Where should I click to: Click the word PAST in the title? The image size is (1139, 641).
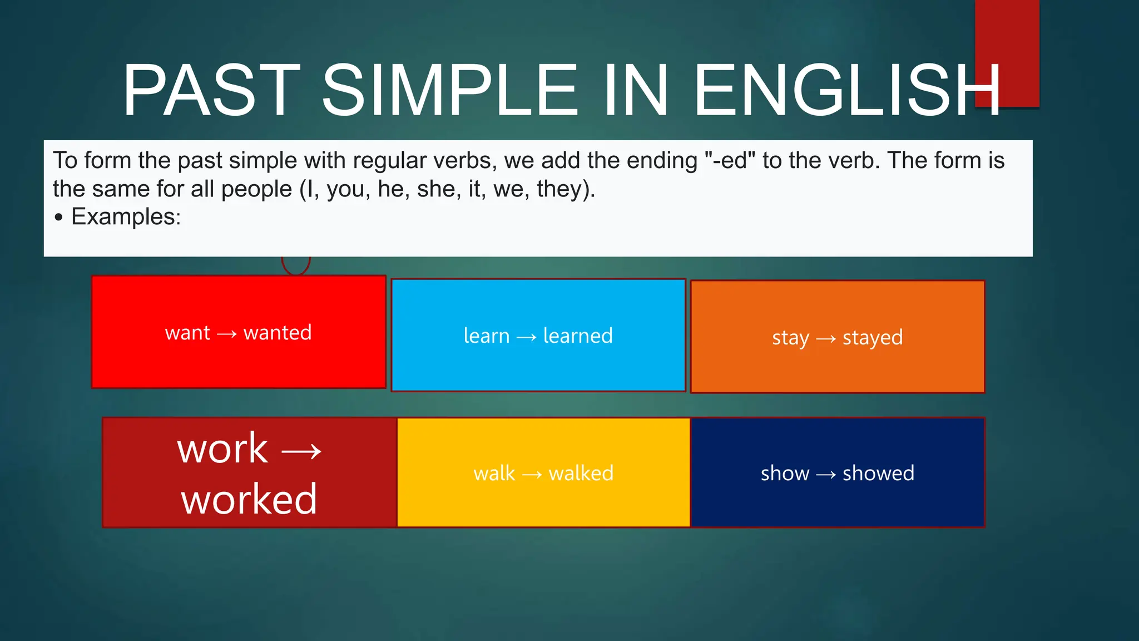[x=211, y=90]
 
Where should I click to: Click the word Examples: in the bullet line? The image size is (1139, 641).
[x=126, y=216]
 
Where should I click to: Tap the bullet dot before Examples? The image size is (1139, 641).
[x=59, y=217]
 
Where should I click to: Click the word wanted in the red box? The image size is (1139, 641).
[x=278, y=333]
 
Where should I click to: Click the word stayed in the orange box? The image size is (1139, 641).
[x=872, y=338]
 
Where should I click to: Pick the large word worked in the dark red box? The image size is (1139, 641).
[x=249, y=499]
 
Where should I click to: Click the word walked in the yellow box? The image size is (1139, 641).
[x=581, y=474]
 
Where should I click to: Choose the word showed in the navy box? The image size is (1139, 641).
[x=878, y=474]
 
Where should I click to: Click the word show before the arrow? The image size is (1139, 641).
[x=785, y=474]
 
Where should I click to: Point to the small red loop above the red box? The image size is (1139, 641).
[x=296, y=265]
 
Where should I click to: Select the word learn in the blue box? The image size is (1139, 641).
[x=487, y=336]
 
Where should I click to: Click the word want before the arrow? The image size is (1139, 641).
[x=187, y=333]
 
